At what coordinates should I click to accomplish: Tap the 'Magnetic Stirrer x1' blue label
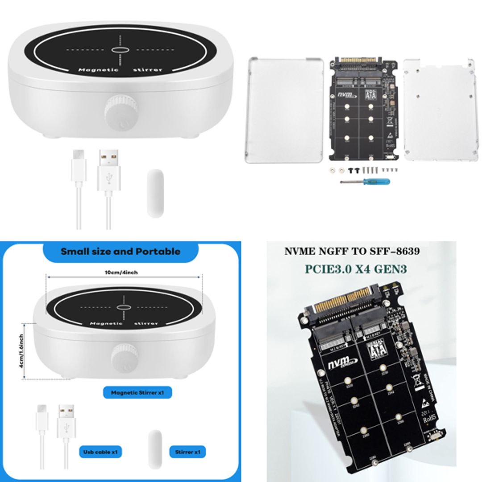point(137,393)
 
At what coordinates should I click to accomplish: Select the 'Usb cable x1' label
point(100,452)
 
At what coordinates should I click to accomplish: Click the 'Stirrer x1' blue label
point(188,452)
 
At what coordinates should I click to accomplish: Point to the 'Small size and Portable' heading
point(120,251)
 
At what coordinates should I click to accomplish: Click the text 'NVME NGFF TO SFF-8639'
point(352,251)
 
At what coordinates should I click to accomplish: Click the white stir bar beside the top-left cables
point(155,194)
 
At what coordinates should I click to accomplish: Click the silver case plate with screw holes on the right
point(438,109)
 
